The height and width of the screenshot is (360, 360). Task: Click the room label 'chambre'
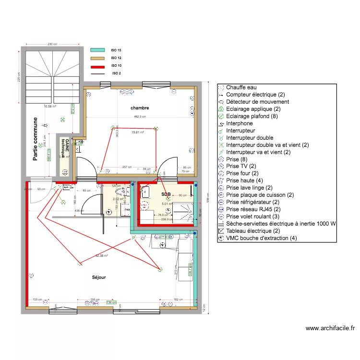140,108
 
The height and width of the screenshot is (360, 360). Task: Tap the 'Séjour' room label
99,277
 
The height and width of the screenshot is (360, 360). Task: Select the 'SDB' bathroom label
166,194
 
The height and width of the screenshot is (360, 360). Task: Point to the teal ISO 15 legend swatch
97,50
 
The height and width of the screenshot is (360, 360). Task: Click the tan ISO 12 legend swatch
97,58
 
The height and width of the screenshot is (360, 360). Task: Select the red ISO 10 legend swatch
97,66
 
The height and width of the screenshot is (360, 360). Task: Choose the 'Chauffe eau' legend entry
241,87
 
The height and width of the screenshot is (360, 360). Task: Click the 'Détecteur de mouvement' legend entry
257,102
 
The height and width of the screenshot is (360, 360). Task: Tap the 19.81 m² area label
138,132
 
